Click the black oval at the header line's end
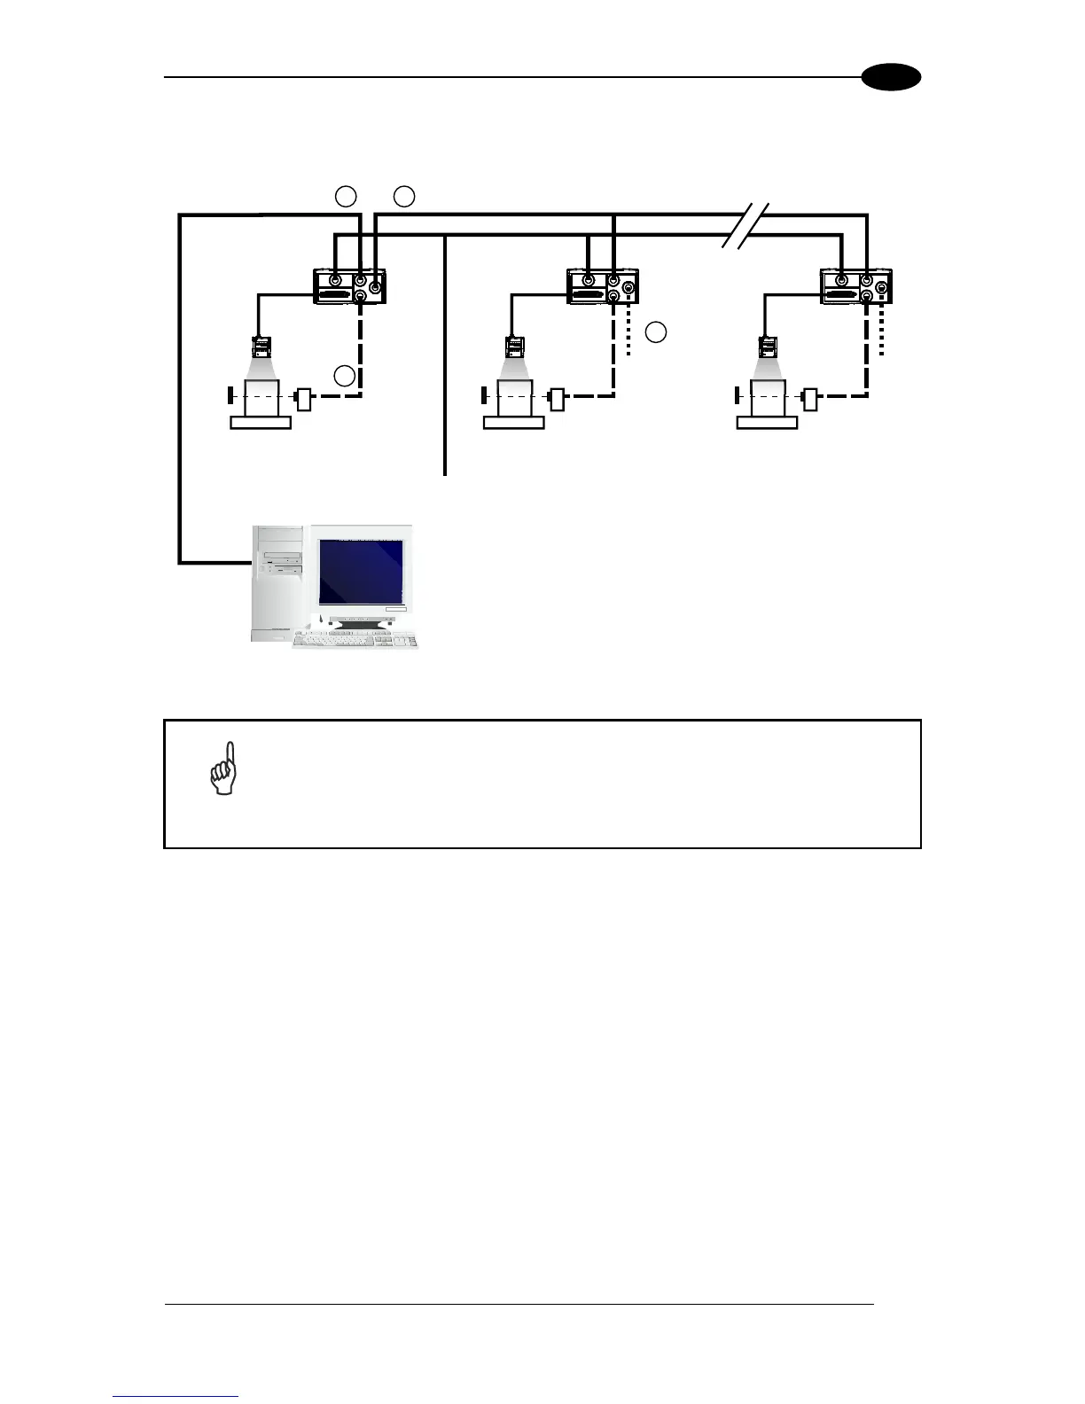[893, 78]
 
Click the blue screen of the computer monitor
[361, 572]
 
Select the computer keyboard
[355, 640]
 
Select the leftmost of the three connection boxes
[351, 286]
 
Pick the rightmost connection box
[856, 286]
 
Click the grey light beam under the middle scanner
[514, 366]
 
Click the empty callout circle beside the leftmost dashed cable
[345, 376]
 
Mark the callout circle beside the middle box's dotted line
[655, 332]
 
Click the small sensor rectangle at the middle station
[557, 399]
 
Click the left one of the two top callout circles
[346, 196]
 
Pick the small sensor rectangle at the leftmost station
[304, 399]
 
